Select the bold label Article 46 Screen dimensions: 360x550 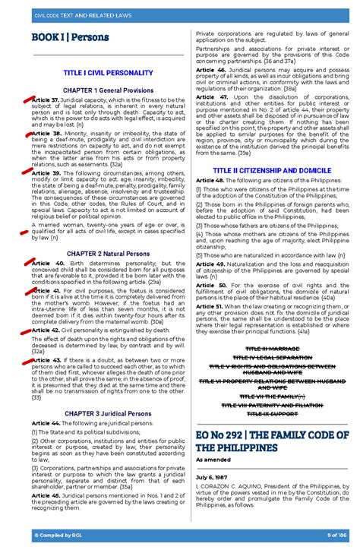point(210,69)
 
